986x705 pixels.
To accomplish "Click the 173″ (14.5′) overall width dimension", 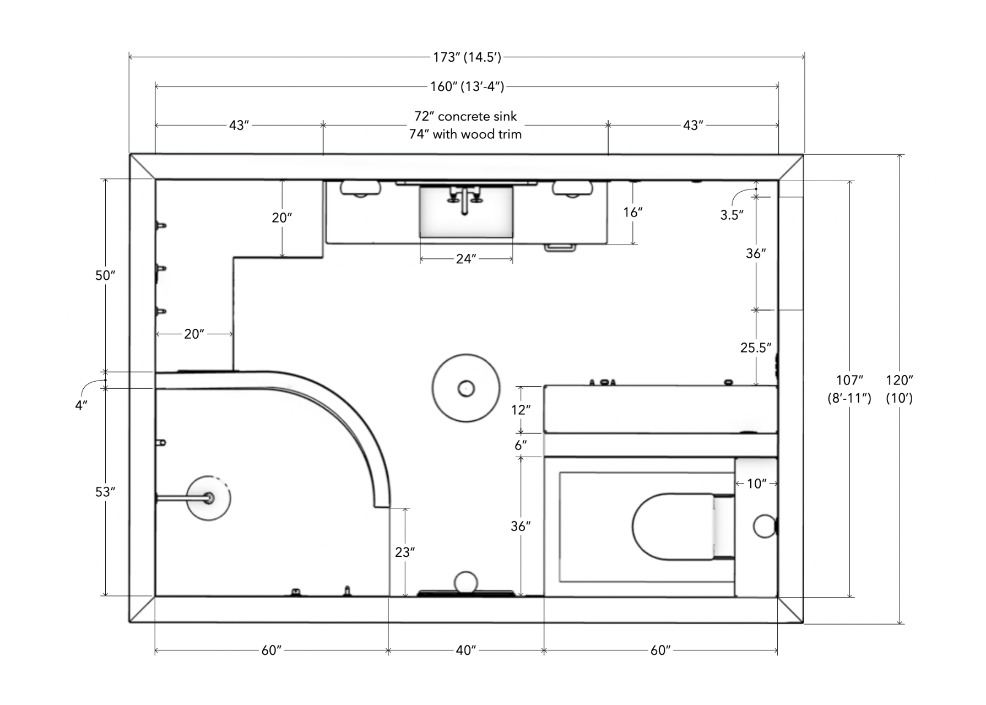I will click(x=467, y=57).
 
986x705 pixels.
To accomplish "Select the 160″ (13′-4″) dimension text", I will click(x=467, y=86).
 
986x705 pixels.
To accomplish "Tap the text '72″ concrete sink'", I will click(x=465, y=116).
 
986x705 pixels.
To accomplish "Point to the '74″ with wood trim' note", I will click(x=465, y=134).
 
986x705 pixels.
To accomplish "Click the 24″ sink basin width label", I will click(x=466, y=259).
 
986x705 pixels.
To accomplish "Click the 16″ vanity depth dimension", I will click(x=633, y=212).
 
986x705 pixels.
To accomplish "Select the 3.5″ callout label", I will click(x=732, y=215).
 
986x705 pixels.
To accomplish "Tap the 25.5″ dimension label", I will click(x=755, y=348).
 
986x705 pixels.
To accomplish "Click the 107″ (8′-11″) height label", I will click(x=849, y=388).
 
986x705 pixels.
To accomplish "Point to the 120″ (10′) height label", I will click(x=899, y=388).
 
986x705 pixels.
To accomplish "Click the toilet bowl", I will click(x=672, y=527).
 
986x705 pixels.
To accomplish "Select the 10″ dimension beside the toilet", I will click(x=756, y=484).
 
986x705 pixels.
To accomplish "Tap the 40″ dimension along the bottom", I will click(x=465, y=650).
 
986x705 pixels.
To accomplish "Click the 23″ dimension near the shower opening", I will click(x=405, y=552).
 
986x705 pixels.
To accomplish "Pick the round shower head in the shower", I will click(x=208, y=498).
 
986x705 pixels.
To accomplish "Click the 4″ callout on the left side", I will click(x=82, y=405).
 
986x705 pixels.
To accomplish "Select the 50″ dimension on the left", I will click(x=105, y=275).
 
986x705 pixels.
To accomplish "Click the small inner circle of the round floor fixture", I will click(x=466, y=389).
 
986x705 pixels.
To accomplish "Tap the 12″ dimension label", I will click(x=521, y=410).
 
